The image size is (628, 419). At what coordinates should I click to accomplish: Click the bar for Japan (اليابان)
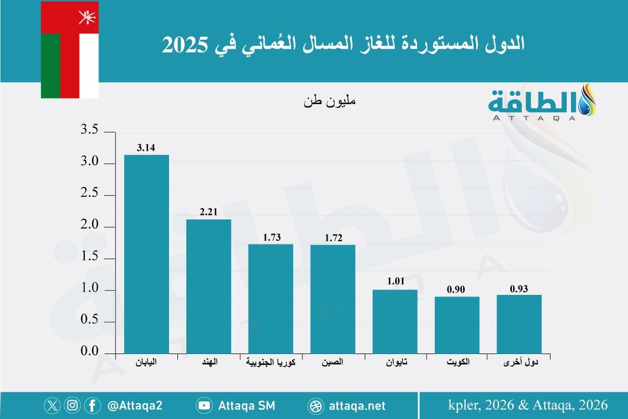point(146,254)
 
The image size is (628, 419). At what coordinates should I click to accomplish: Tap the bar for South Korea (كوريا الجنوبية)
point(270,299)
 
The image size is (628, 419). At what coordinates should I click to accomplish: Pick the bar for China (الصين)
point(332,299)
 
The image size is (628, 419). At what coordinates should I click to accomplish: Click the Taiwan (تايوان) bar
point(395,322)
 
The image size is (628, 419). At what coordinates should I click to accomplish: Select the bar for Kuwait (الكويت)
point(457,325)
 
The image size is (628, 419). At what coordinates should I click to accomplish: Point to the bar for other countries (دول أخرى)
point(519,324)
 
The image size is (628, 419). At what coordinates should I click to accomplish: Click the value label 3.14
point(146,148)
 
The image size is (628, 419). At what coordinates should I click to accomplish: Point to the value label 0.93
point(519,288)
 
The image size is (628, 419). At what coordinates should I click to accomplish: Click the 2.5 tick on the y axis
point(89,195)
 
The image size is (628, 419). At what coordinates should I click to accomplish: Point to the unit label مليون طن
point(329,101)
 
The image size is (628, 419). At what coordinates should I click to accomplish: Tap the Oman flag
point(70,50)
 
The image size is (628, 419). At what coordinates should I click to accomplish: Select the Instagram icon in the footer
point(73,405)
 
